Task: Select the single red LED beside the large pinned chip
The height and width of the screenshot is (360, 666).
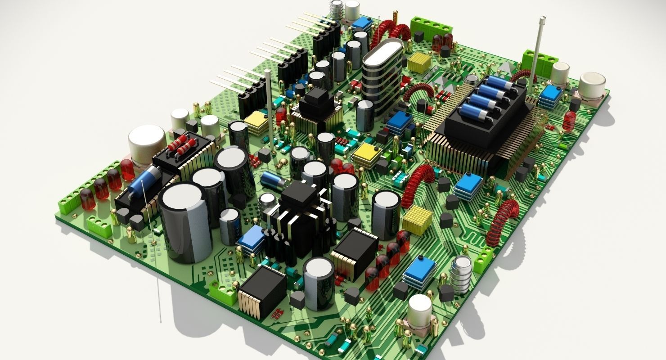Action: (570, 120)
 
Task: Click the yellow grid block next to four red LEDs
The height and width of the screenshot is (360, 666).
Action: (417, 220)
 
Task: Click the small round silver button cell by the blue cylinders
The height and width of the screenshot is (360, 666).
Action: (471, 80)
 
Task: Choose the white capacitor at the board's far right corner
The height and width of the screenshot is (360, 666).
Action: (592, 85)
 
